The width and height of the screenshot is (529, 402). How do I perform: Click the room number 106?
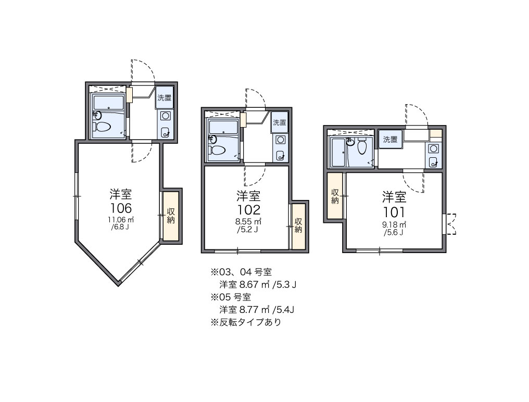pyautogui.click(x=120, y=208)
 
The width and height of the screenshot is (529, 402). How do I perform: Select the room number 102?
pyautogui.click(x=248, y=210)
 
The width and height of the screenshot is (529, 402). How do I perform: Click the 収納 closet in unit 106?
pyautogui.click(x=171, y=216)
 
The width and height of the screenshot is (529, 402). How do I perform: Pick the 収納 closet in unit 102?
pyautogui.click(x=298, y=225)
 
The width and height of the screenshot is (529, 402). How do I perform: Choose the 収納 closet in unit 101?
pyautogui.click(x=335, y=195)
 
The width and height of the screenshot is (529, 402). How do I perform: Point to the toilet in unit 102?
pyautogui.click(x=217, y=150)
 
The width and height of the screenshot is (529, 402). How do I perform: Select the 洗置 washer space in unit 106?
pyautogui.click(x=164, y=98)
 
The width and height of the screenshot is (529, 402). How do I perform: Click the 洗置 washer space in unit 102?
pyautogui.click(x=279, y=123)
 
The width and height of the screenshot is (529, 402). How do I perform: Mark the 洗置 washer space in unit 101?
pyautogui.click(x=390, y=139)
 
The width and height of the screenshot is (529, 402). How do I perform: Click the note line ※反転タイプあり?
pyautogui.click(x=246, y=322)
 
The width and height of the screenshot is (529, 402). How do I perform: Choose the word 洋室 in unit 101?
pyautogui.click(x=394, y=197)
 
